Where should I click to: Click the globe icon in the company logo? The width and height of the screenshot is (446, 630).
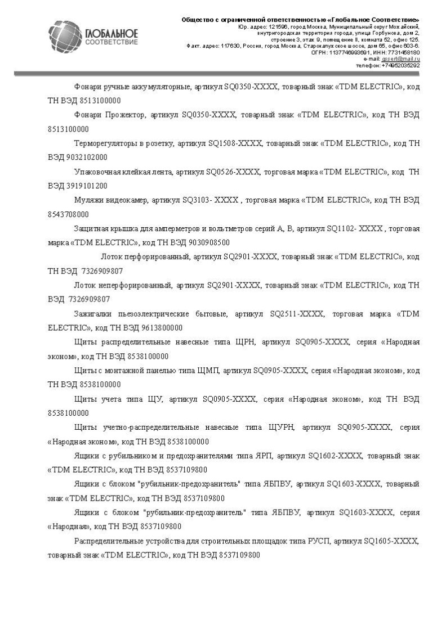pyautogui.click(x=65, y=37)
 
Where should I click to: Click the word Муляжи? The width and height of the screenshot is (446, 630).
pyautogui.click(x=88, y=200)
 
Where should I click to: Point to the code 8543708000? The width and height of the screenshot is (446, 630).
pyautogui.click(x=68, y=214)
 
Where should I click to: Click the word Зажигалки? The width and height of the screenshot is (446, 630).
pyautogui.click(x=94, y=313)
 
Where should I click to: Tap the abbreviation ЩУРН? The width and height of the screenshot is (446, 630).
pyautogui.click(x=282, y=427)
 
